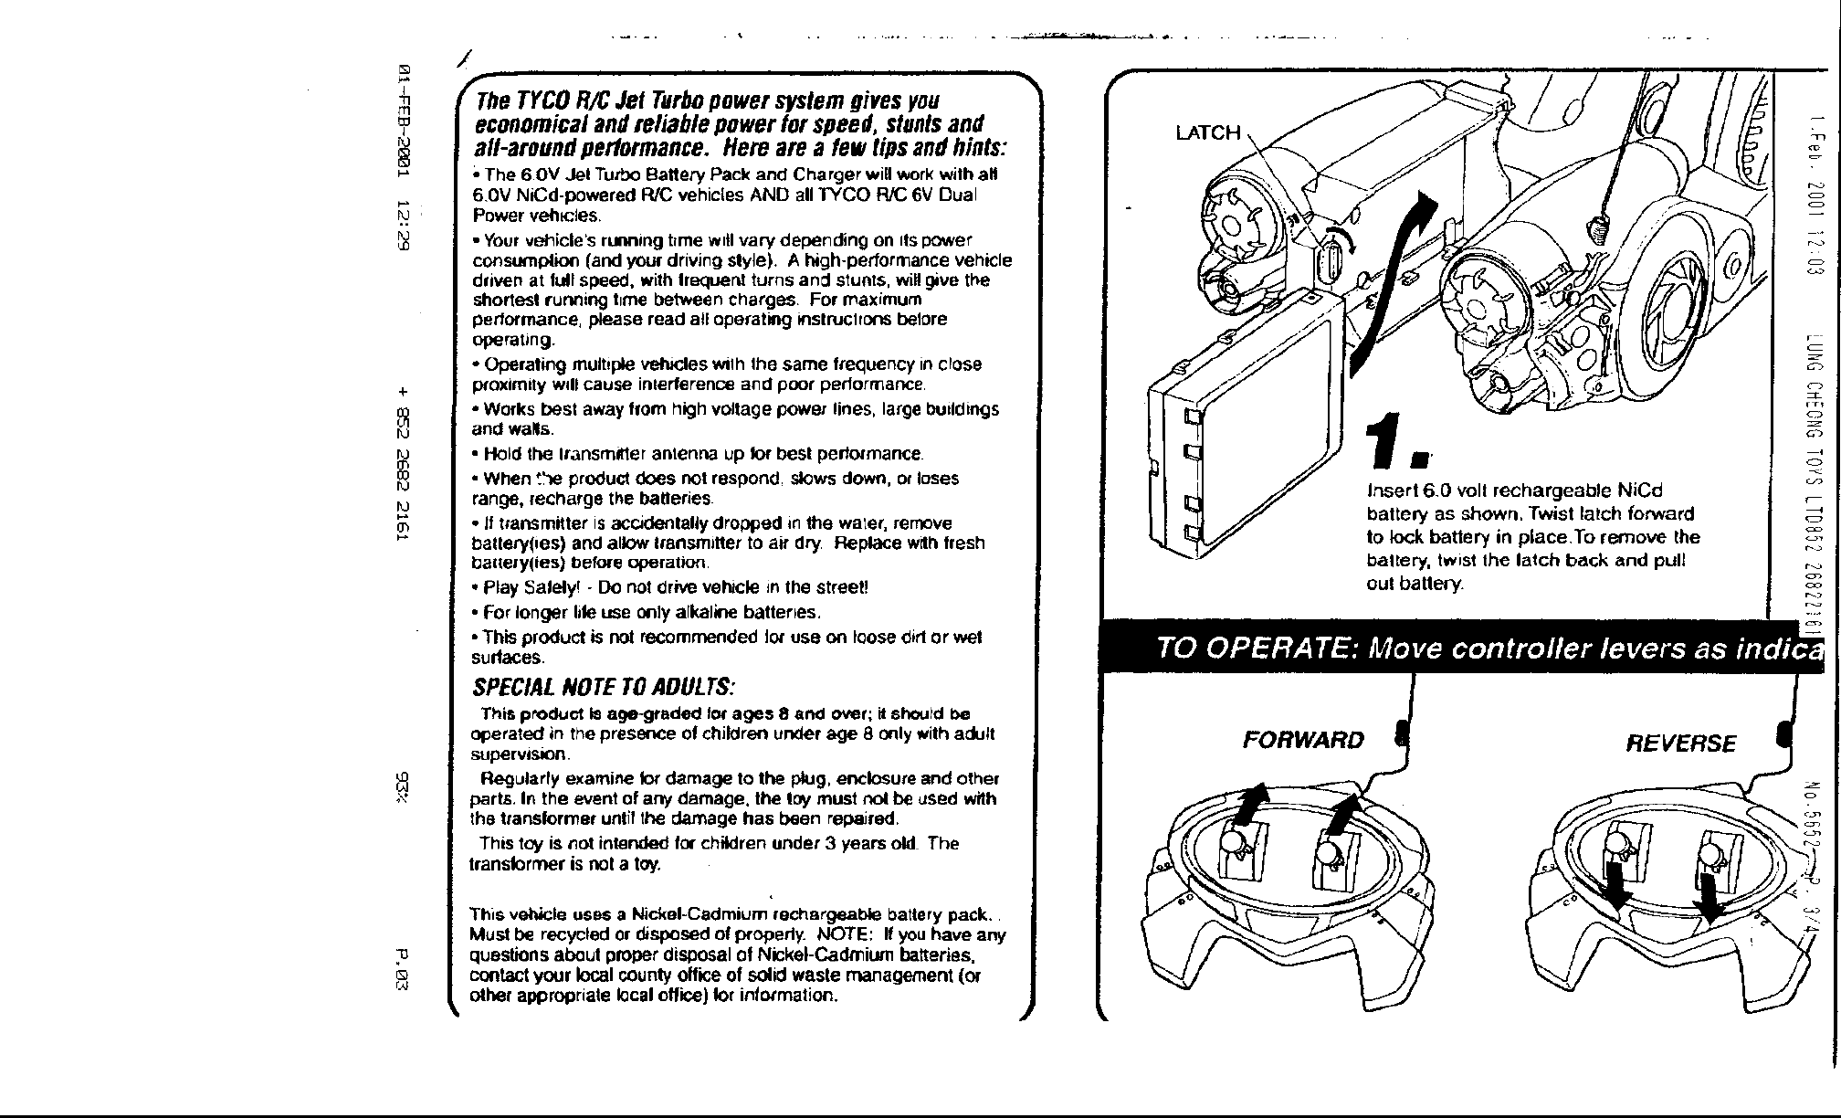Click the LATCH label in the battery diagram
pyautogui.click(x=1207, y=133)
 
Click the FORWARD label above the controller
pyautogui.click(x=1303, y=739)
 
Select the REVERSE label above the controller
pyautogui.click(x=1681, y=743)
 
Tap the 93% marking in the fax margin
pyautogui.click(x=402, y=787)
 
